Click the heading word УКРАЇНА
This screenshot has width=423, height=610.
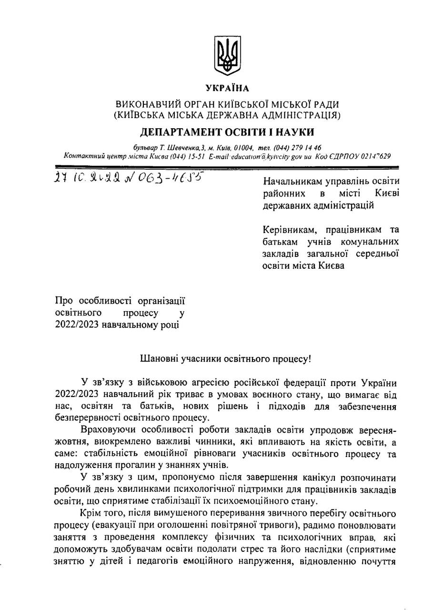[227, 88]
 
